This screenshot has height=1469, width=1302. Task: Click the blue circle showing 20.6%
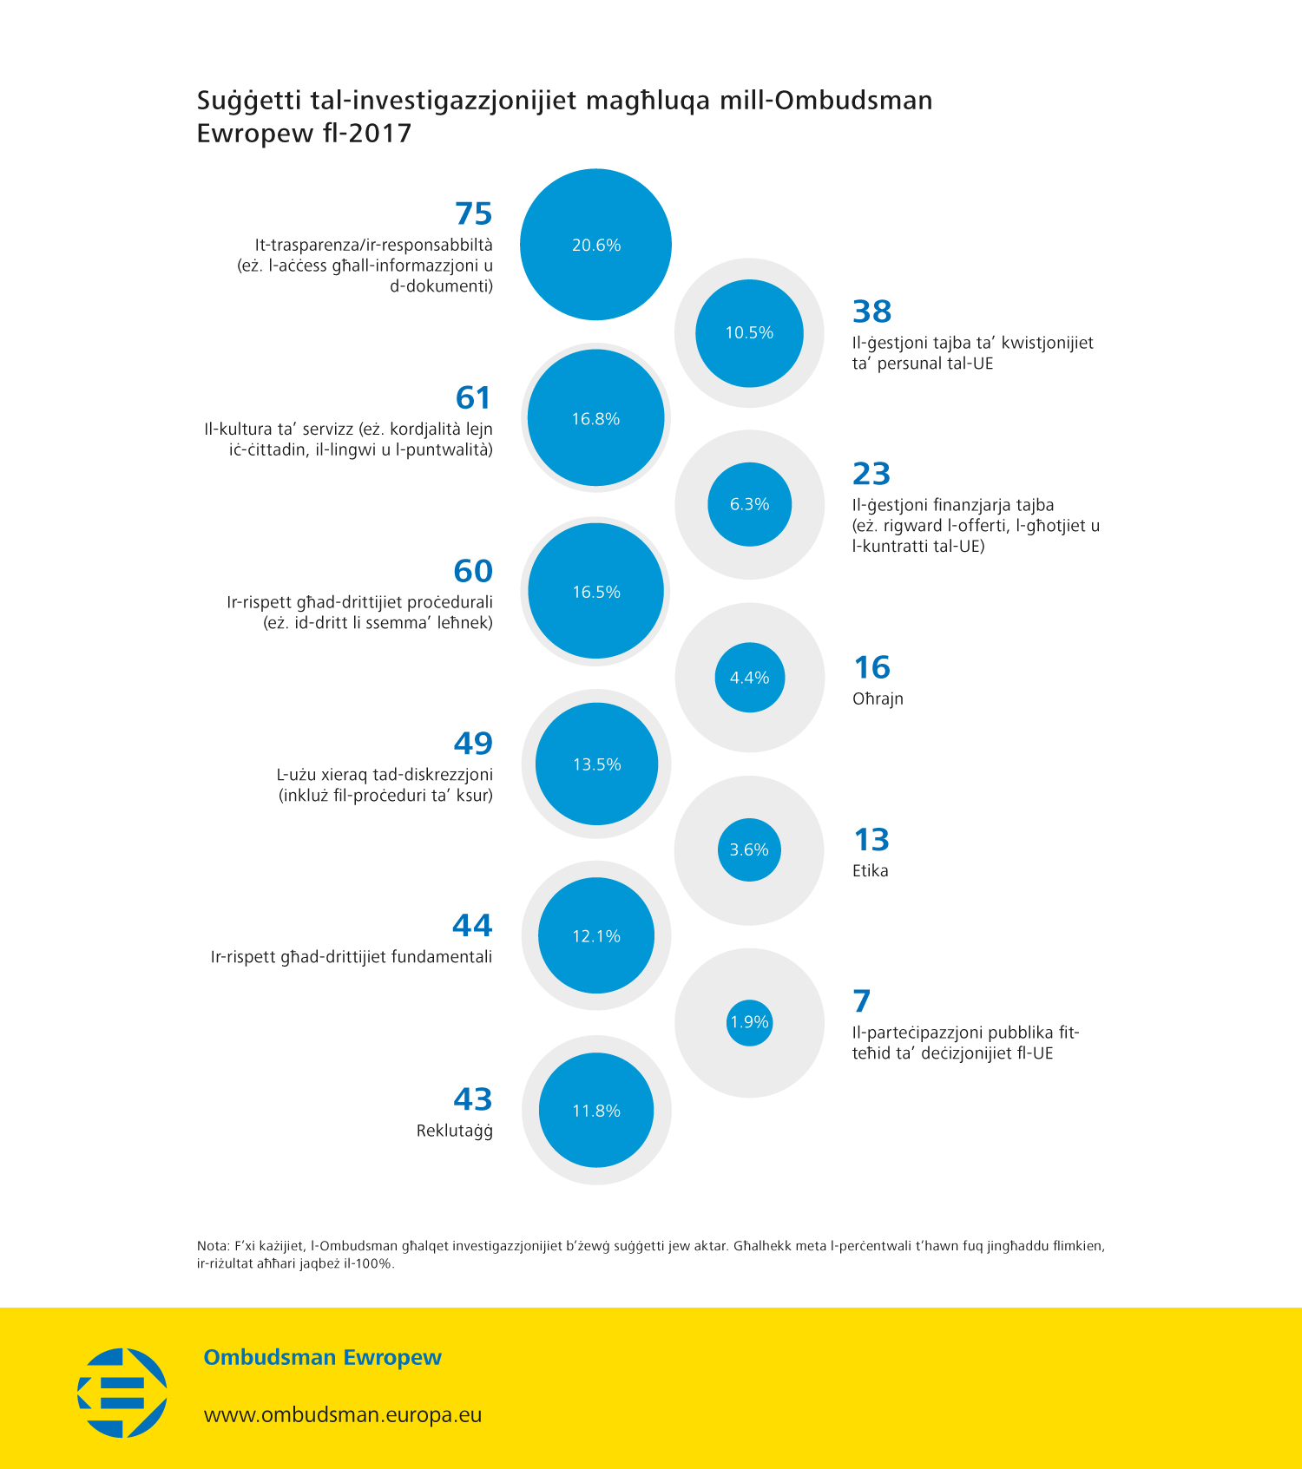pyautogui.click(x=595, y=245)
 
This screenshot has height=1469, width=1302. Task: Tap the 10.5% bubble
pyautogui.click(x=749, y=333)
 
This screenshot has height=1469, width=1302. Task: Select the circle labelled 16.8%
pyautogui.click(x=595, y=418)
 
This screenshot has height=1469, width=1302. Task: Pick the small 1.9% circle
pyautogui.click(x=749, y=1022)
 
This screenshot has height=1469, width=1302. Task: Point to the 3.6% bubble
pyautogui.click(x=749, y=849)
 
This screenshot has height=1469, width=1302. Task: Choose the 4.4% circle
pyautogui.click(x=749, y=678)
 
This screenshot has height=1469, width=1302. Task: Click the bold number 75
pyautogui.click(x=473, y=213)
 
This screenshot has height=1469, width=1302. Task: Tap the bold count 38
pyautogui.click(x=872, y=312)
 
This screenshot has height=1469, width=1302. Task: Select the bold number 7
pyautogui.click(x=861, y=1001)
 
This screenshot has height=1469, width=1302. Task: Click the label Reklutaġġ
pyautogui.click(x=454, y=1131)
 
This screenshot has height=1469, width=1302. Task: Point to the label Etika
pyautogui.click(x=870, y=871)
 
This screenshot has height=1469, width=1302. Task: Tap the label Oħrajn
pyautogui.click(x=878, y=698)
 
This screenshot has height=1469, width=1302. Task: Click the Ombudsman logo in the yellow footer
pyautogui.click(x=122, y=1392)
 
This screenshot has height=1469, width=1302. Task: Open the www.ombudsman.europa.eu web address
pyautogui.click(x=343, y=1415)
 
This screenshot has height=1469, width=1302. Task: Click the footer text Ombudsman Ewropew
pyautogui.click(x=322, y=1358)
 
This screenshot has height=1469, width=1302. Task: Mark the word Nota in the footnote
pyautogui.click(x=212, y=1246)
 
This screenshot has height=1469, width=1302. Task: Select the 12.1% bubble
pyautogui.click(x=595, y=936)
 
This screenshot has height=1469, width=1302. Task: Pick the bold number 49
pyautogui.click(x=473, y=744)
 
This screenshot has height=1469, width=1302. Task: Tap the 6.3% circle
pyautogui.click(x=749, y=504)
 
